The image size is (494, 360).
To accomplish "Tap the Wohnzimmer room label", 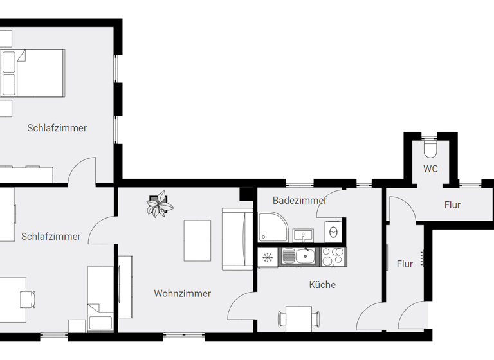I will click(182, 294).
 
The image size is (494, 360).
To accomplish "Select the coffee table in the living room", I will click(197, 241).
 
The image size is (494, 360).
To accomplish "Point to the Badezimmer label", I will click(300, 201).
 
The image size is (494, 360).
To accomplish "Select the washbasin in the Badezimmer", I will click(302, 233).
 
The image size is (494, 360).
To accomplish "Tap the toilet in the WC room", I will click(430, 148).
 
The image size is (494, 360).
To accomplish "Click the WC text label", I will click(430, 169).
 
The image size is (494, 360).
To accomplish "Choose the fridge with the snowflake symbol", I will click(267, 258).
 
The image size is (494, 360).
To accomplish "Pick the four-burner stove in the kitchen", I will click(333, 257).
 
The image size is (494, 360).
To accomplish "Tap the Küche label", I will click(322, 285).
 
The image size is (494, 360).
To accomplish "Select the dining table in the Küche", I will click(299, 318).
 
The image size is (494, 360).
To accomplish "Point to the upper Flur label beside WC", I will click(452, 205).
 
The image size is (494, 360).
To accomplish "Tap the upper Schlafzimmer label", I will click(57, 128).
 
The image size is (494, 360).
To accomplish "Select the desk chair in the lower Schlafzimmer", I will click(27, 299).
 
